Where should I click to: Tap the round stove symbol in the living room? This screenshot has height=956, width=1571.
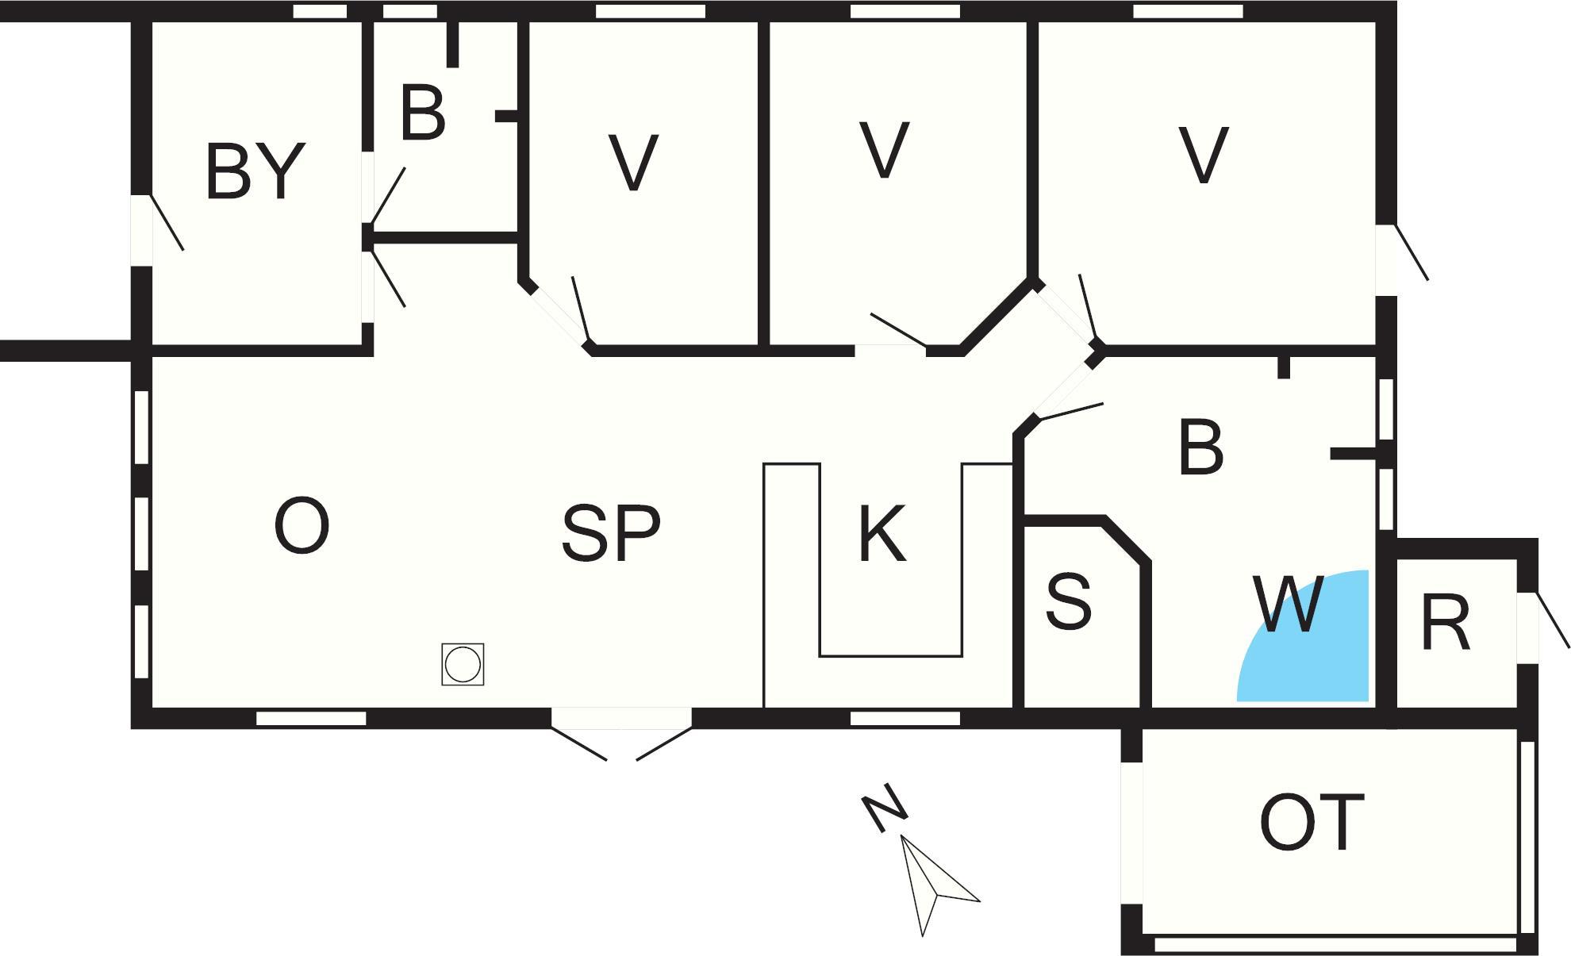tap(463, 664)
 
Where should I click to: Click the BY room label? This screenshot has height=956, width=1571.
tap(255, 171)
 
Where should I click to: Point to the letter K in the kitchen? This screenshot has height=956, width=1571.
tap(882, 535)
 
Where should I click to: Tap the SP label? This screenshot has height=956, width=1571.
tap(610, 534)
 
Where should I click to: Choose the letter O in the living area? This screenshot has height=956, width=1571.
tap(302, 527)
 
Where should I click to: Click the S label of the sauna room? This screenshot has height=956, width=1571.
tap(1068, 601)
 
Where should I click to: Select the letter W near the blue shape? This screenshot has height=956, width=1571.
tap(1289, 605)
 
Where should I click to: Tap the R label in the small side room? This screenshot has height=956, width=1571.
tap(1446, 624)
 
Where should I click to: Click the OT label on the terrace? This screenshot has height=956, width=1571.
tap(1311, 824)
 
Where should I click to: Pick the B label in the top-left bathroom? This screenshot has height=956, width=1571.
tap(423, 114)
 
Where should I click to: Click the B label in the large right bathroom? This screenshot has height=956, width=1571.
tap(1200, 447)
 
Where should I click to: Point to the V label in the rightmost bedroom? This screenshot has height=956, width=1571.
tap(1203, 155)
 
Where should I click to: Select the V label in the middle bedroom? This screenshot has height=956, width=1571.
tap(884, 150)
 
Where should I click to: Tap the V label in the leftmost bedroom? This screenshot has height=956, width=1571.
tap(633, 163)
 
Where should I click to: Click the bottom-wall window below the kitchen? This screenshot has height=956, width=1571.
tap(905, 719)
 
